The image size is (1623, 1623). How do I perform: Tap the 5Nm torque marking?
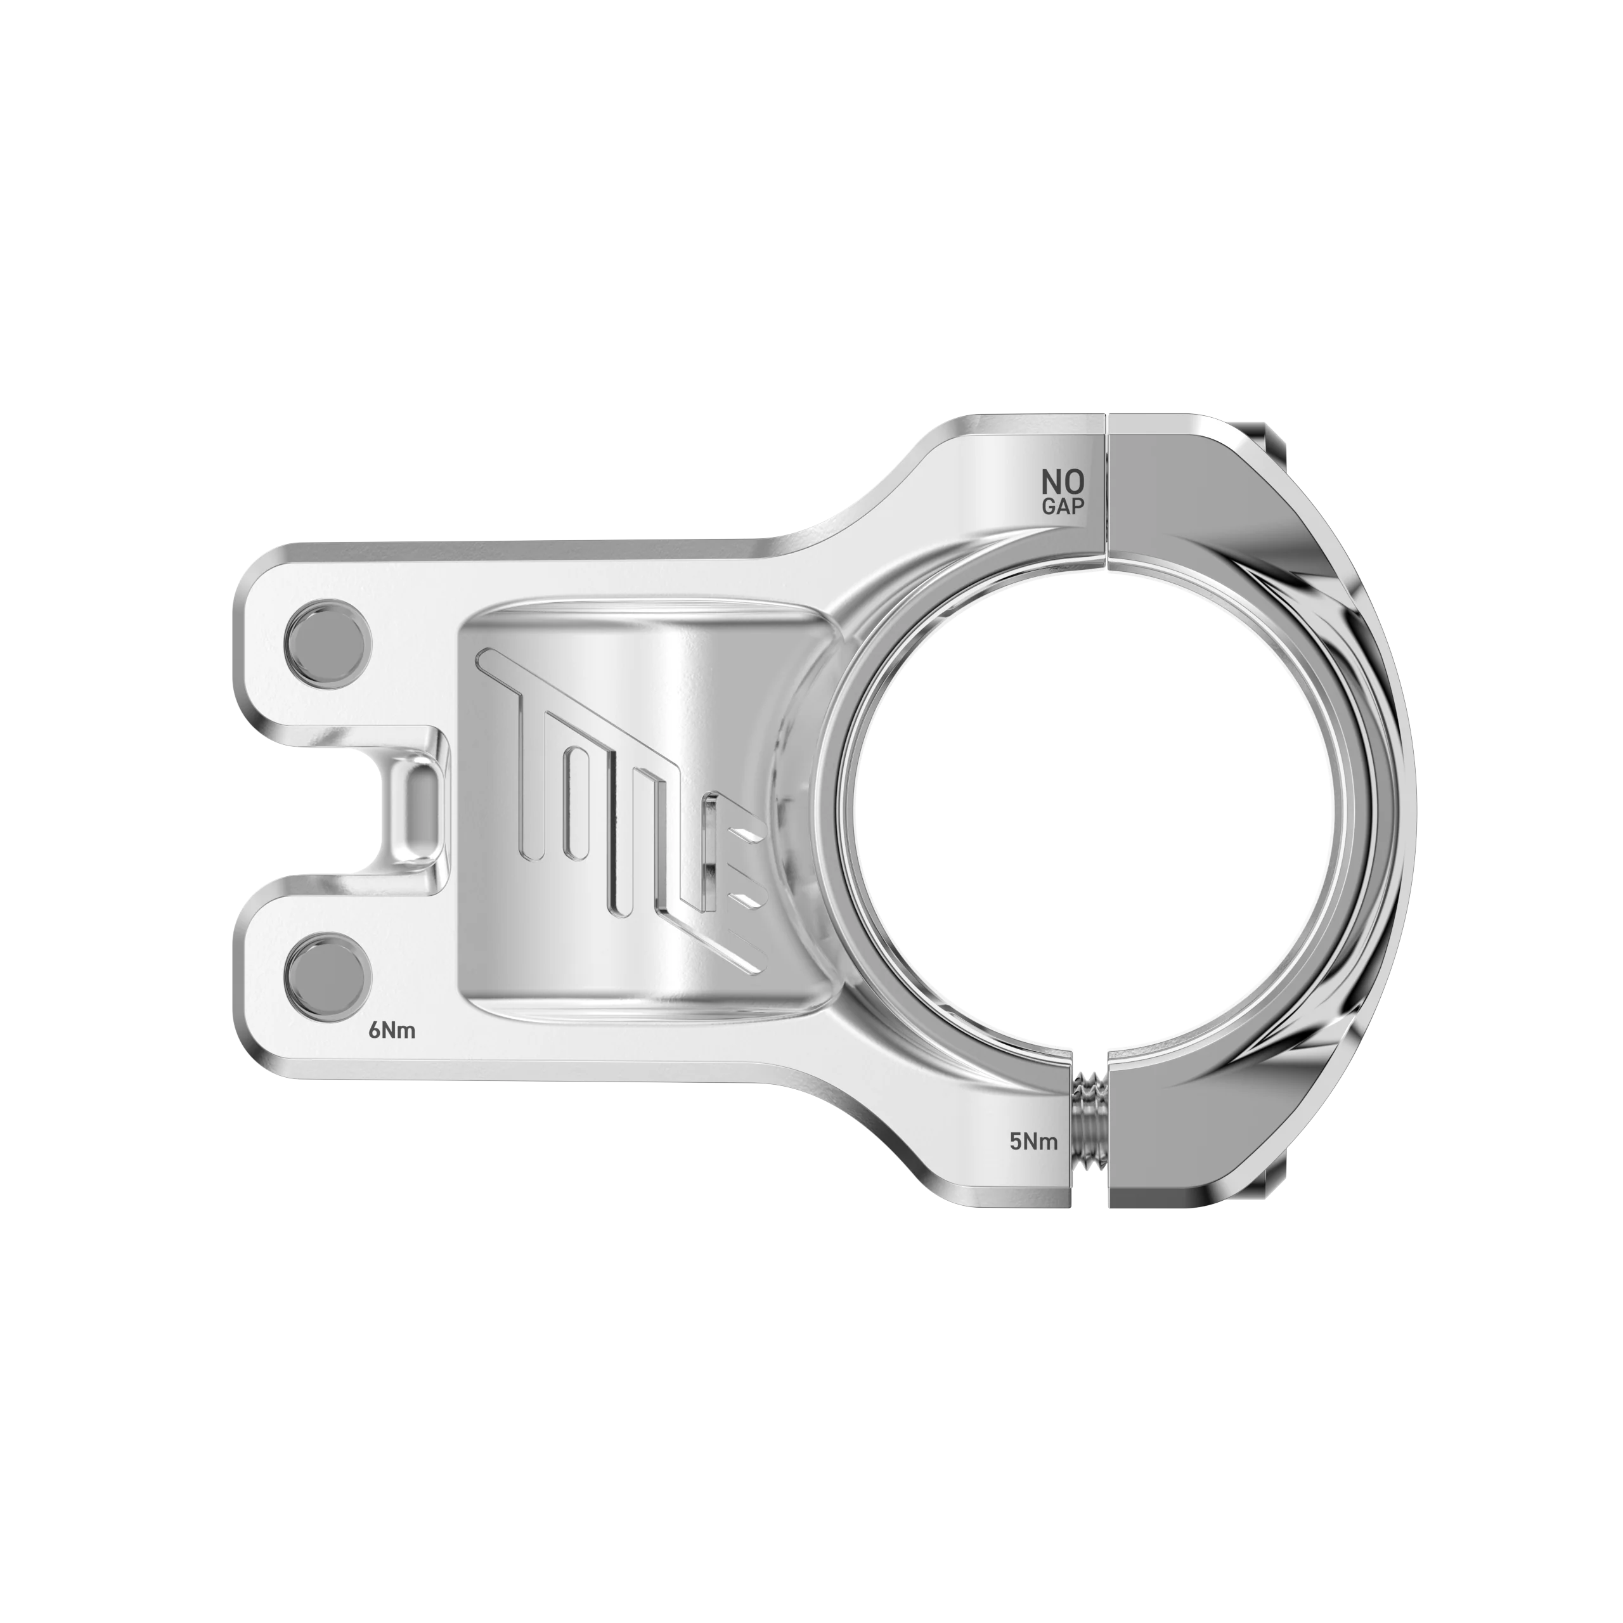click(x=1033, y=1142)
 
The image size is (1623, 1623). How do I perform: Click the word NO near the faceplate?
click(x=1063, y=483)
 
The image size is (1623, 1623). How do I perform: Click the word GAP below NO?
click(x=1063, y=507)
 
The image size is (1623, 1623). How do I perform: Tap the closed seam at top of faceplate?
click(x=1106, y=488)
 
